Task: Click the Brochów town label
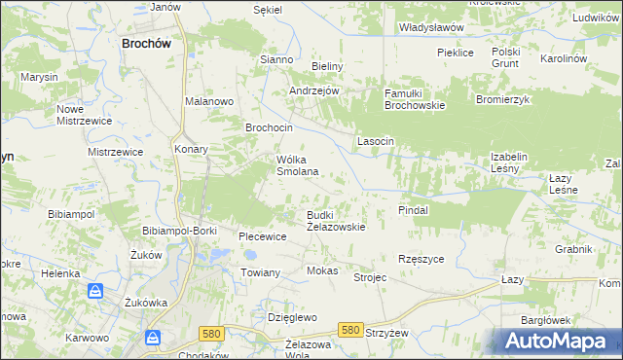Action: (x=147, y=43)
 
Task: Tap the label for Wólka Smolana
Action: (x=298, y=165)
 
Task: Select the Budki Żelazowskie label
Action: (x=336, y=221)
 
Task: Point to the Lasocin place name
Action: (x=375, y=141)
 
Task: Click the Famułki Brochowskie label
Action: (x=414, y=99)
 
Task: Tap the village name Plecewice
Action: (x=262, y=236)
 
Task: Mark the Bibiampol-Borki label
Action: (x=178, y=230)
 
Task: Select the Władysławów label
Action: (x=431, y=27)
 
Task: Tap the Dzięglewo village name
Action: (x=292, y=317)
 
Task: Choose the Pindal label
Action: (x=414, y=209)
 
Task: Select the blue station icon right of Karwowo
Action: (x=153, y=338)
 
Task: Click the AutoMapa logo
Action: (x=557, y=342)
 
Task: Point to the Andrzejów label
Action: (x=313, y=90)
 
